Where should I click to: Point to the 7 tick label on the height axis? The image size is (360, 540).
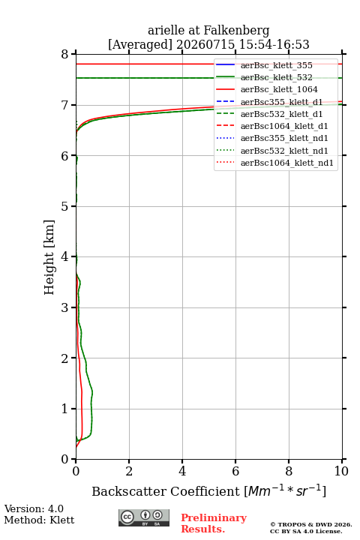(64, 105)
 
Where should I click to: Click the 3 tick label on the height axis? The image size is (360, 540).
(64, 307)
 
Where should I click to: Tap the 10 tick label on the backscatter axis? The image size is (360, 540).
(341, 471)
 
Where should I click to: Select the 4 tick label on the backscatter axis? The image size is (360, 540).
(182, 471)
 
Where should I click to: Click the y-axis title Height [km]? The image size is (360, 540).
(49, 257)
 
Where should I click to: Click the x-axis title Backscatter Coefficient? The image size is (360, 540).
(165, 491)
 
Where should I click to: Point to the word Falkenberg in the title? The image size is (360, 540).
(236, 31)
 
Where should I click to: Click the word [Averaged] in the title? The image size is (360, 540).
(140, 45)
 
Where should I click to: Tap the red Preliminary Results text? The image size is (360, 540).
(214, 523)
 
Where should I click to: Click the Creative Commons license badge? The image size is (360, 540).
(144, 517)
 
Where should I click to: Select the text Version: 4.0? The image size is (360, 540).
(34, 509)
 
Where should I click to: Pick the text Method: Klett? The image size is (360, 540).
(39, 520)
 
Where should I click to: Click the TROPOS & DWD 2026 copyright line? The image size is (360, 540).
(311, 524)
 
